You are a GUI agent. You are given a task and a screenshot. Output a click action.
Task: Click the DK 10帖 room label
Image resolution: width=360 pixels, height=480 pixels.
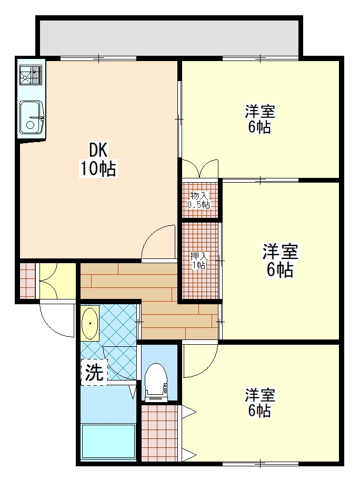(98, 159)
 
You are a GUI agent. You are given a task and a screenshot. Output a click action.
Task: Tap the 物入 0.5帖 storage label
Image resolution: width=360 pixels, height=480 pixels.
(199, 200)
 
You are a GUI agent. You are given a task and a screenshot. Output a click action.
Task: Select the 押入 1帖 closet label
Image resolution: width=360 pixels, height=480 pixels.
(199, 260)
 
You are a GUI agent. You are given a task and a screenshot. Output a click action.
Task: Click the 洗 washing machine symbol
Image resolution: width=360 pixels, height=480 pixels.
(94, 372)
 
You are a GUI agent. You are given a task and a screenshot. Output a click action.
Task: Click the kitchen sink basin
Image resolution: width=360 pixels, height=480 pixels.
(32, 117)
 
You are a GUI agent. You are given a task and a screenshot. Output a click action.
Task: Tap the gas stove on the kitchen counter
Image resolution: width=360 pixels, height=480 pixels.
(31, 75)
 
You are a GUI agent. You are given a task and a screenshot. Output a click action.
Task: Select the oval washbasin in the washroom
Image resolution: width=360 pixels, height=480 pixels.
(90, 323)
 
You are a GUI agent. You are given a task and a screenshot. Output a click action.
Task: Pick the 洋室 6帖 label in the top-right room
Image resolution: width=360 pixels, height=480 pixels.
(259, 119)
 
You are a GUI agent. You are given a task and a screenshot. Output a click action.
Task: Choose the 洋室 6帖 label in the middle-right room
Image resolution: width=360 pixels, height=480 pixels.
(280, 260)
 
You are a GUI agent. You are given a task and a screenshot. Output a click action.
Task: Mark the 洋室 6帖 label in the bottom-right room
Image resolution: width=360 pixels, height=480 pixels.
(259, 403)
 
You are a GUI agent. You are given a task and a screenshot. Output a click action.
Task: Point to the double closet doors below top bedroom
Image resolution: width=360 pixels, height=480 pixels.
(200, 168)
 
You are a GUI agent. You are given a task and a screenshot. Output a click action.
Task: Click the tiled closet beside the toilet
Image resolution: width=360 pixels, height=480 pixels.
(159, 433)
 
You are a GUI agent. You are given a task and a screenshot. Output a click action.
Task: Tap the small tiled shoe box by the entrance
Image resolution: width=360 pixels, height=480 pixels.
(27, 281)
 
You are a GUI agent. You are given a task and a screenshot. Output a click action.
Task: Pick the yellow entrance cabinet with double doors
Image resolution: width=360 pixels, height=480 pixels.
(57, 281)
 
